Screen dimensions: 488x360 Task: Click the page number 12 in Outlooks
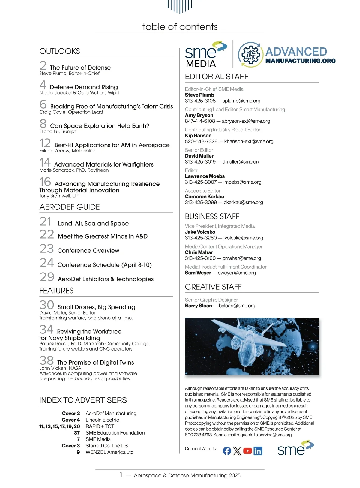click(x=45, y=143)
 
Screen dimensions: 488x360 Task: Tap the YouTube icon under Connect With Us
click(x=247, y=451)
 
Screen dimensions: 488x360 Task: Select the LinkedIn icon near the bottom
click(x=258, y=451)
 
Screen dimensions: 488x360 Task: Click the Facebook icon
click(x=227, y=451)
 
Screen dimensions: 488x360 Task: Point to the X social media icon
click(x=237, y=451)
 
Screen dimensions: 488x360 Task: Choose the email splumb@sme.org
click(x=241, y=101)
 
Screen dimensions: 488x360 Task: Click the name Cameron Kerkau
click(x=204, y=197)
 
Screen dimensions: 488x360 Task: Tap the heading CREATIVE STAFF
click(x=213, y=287)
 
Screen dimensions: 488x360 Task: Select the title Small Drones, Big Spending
click(x=96, y=307)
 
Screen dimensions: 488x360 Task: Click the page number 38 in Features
click(x=46, y=360)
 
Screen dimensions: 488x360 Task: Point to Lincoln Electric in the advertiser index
click(x=102, y=420)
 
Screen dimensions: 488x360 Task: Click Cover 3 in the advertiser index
click(x=71, y=446)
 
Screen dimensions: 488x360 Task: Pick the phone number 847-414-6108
click(x=200, y=121)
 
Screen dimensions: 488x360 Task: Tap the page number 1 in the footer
click(x=121, y=475)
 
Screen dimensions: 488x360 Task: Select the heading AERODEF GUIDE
click(x=70, y=207)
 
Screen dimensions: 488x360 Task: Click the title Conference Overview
click(x=88, y=251)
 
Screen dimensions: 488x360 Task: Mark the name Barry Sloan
click(x=198, y=306)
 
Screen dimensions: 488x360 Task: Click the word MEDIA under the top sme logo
click(x=201, y=64)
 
